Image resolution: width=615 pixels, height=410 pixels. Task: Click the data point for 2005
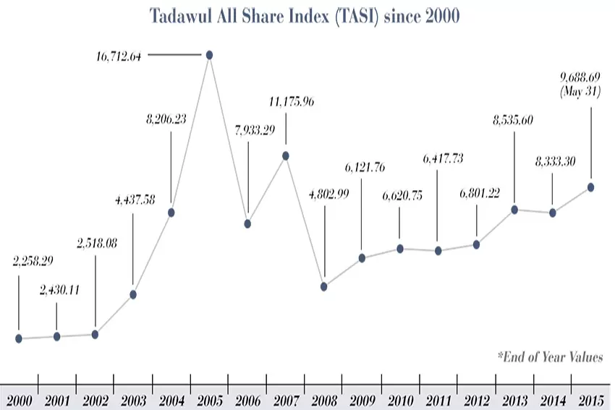(209, 55)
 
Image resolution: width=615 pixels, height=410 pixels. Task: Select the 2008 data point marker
(324, 286)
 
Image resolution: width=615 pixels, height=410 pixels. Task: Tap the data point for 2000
(19, 338)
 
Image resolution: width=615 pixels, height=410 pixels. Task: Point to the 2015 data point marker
(591, 187)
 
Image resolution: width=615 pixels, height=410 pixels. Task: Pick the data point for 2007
(286, 155)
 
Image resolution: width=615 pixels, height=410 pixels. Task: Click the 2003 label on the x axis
(133, 400)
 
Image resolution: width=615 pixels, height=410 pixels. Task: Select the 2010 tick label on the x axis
(400, 400)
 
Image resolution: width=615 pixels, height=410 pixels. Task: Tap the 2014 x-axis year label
(552, 400)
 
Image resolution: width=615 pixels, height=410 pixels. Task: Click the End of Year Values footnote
(550, 356)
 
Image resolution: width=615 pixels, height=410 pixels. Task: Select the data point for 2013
(514, 210)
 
